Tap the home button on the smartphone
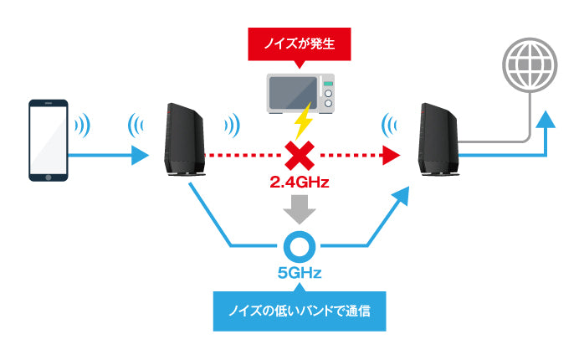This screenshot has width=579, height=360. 49,176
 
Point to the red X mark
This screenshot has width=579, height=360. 298,155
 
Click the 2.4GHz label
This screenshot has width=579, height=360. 299,182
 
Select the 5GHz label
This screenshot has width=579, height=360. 298,272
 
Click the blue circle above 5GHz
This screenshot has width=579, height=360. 298,245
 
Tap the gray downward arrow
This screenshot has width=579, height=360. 298,209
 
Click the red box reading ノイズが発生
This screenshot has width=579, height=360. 299,42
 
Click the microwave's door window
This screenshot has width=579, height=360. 288,93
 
